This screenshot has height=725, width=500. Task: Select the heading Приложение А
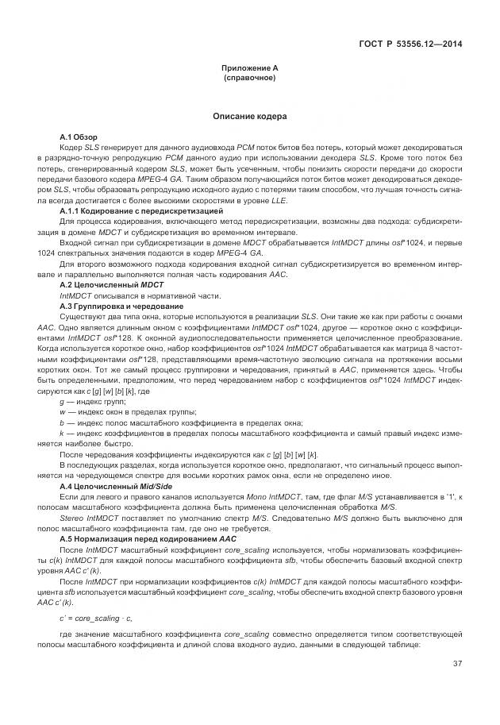click(249, 68)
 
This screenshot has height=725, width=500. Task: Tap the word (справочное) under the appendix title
click(249, 78)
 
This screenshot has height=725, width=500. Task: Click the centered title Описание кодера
click(249, 117)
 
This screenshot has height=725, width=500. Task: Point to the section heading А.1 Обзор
click(78, 137)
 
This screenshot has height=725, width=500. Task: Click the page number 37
click(457, 664)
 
